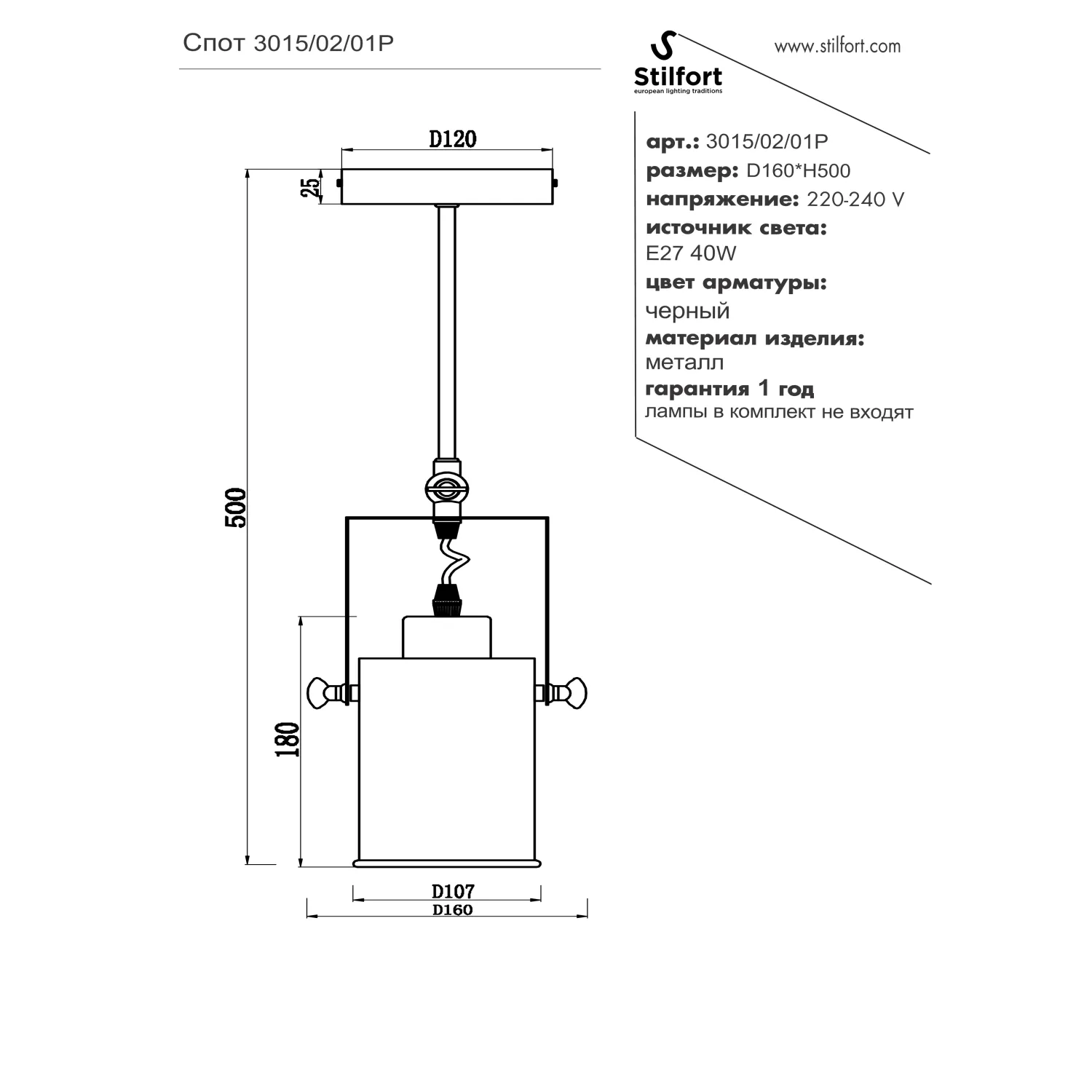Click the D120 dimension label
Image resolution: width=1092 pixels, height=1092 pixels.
[x=452, y=139]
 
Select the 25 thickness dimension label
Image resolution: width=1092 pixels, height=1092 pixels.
[x=311, y=187]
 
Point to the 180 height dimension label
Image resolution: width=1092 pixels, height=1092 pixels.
[x=288, y=740]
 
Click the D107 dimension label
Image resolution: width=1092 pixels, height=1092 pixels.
[x=453, y=891]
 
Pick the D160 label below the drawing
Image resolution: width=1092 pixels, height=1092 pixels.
[x=452, y=910]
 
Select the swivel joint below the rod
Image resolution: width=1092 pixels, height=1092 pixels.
[x=447, y=489]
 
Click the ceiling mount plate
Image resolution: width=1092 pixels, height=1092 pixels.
[x=447, y=186]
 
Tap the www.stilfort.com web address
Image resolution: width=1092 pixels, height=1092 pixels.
[x=837, y=47]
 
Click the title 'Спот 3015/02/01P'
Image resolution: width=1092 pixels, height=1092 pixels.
[x=288, y=44]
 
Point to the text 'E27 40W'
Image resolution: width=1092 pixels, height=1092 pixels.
[x=691, y=253]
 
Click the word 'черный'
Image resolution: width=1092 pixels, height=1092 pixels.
[x=687, y=311]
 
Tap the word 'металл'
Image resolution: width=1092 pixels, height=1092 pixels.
[x=684, y=362]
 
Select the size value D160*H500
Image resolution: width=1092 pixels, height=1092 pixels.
[x=799, y=170]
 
